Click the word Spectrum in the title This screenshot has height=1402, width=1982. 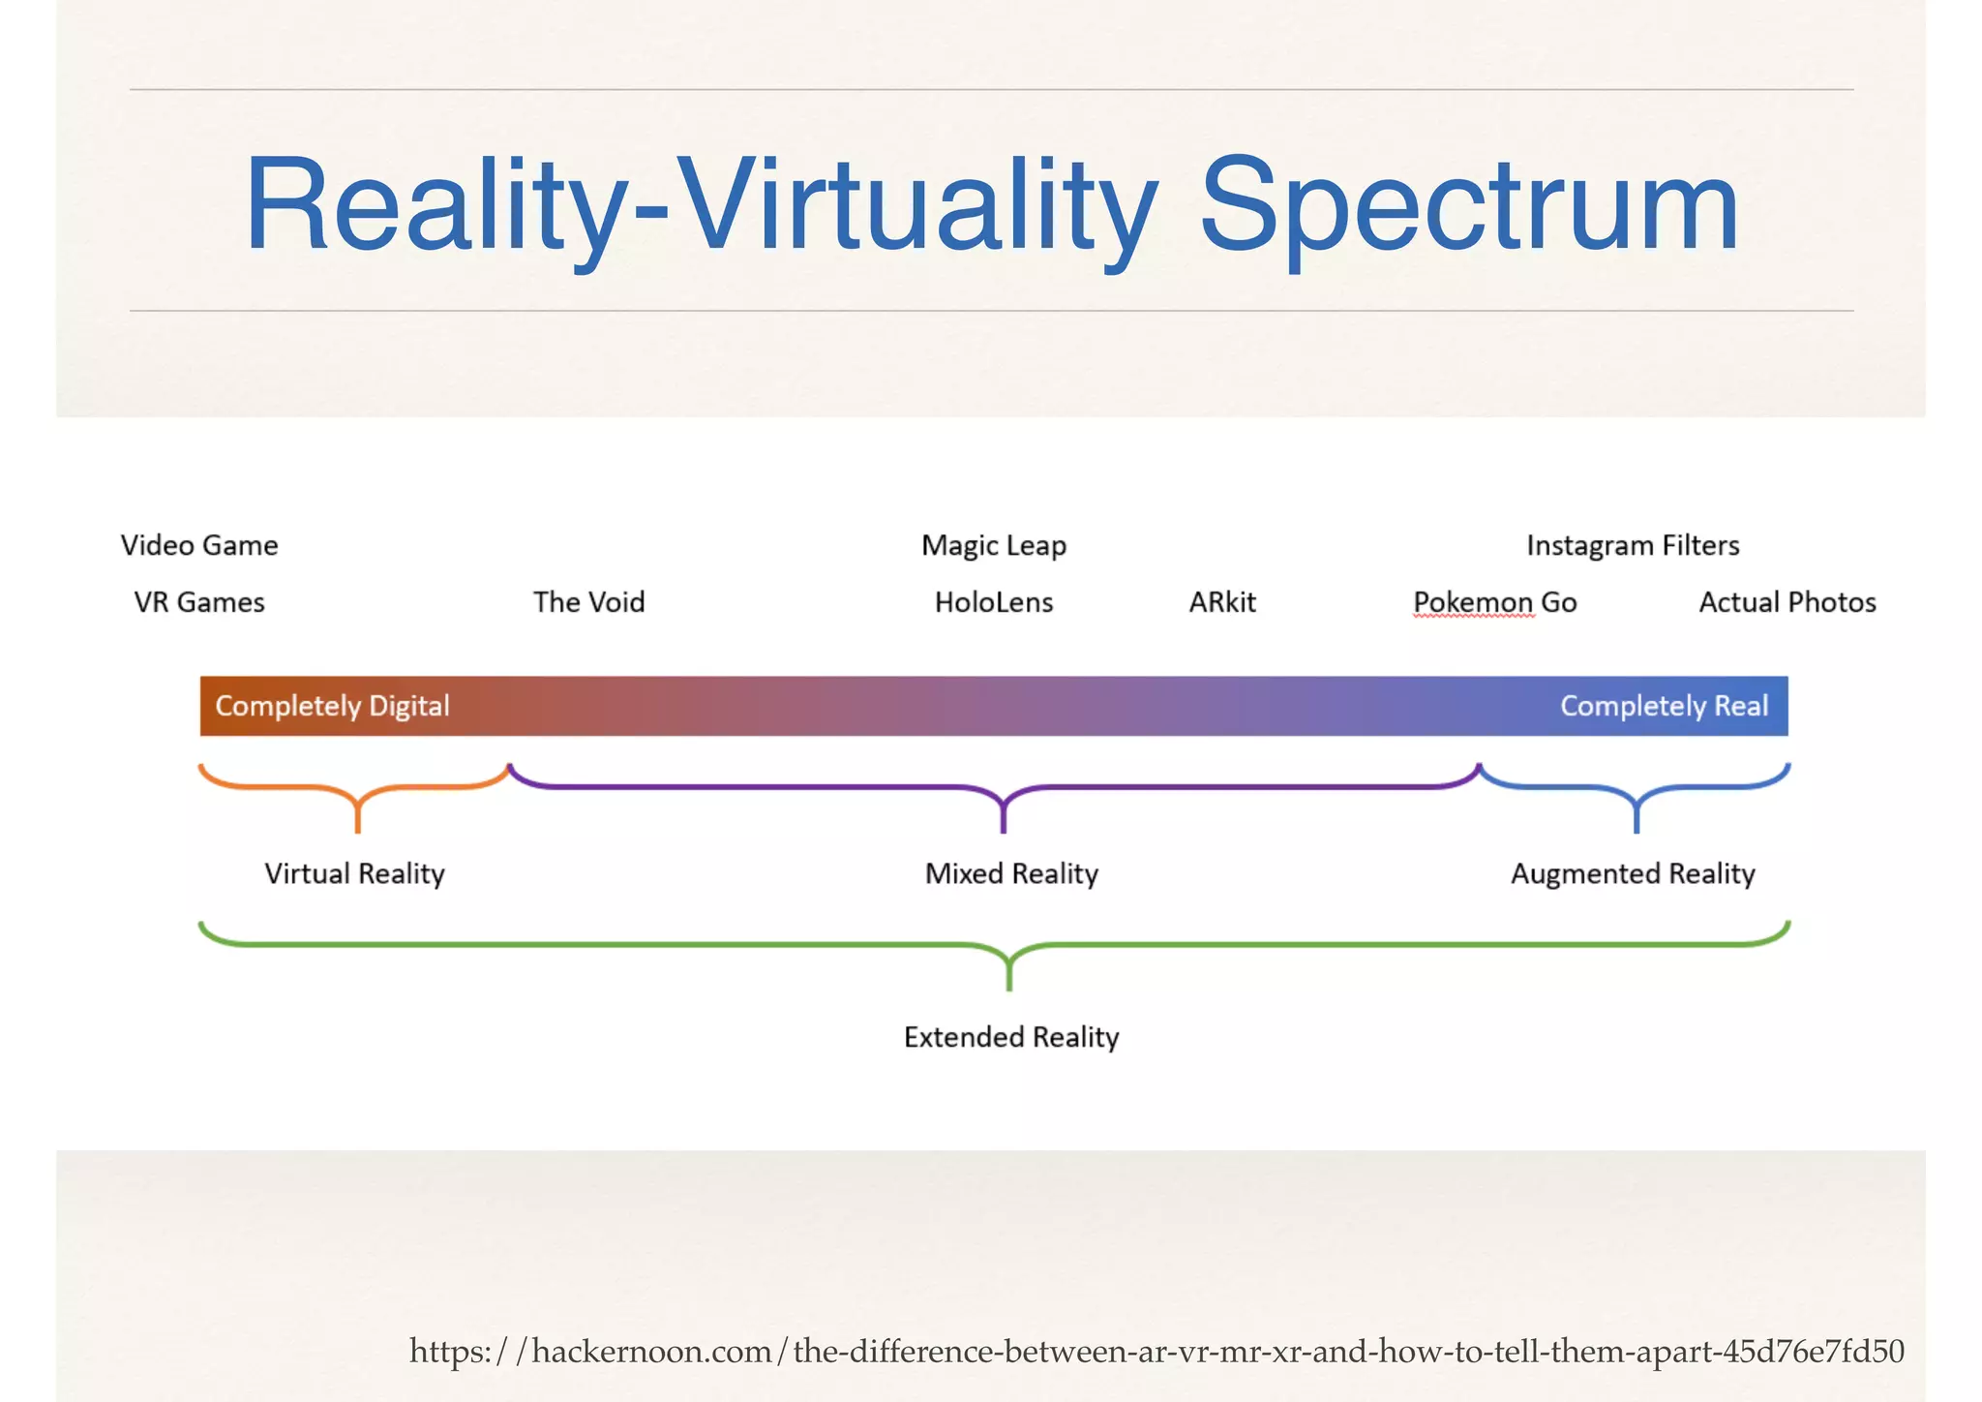[x=1468, y=207]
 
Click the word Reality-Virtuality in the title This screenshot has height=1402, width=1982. [x=701, y=207]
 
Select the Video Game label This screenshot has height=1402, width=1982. [x=199, y=545]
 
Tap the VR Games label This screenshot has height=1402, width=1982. [x=199, y=602]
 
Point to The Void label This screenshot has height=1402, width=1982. [x=588, y=602]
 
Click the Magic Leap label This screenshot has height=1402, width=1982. [x=994, y=546]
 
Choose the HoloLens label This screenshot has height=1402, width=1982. [x=994, y=602]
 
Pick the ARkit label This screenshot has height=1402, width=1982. [x=1222, y=602]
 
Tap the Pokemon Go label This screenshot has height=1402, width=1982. [x=1495, y=602]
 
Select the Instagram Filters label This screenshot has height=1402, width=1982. [x=1633, y=546]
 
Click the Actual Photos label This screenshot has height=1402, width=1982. [x=1787, y=602]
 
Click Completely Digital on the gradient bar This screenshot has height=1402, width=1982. [x=332, y=706]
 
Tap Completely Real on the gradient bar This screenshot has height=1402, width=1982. [x=1664, y=706]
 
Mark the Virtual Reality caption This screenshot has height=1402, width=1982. [x=354, y=874]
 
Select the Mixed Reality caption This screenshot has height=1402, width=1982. [x=1011, y=874]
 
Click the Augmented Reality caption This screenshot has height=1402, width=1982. [x=1633, y=874]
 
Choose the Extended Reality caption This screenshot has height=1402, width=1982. [x=1011, y=1038]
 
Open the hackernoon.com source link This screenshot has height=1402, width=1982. [x=1156, y=1351]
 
